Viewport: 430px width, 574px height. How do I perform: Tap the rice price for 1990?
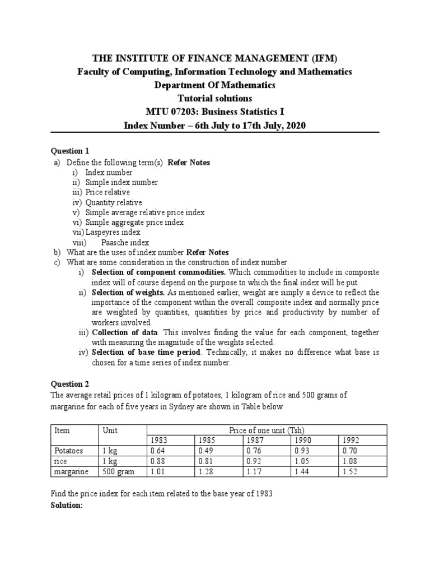pyautogui.click(x=302, y=461)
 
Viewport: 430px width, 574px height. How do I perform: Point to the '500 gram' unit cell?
pyautogui.click(x=118, y=472)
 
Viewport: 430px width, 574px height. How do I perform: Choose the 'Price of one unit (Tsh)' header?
pyautogui.click(x=263, y=430)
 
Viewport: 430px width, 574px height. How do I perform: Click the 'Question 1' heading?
pyautogui.click(x=70, y=151)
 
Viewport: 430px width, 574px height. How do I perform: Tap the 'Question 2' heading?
pyautogui.click(x=70, y=384)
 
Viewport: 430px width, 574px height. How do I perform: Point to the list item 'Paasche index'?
pyautogui.click(x=125, y=242)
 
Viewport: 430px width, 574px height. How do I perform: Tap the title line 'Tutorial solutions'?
pyautogui.click(x=215, y=98)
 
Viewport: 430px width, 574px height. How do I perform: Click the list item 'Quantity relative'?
pyautogui.click(x=114, y=202)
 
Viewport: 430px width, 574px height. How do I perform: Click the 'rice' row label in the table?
pyautogui.click(x=60, y=461)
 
